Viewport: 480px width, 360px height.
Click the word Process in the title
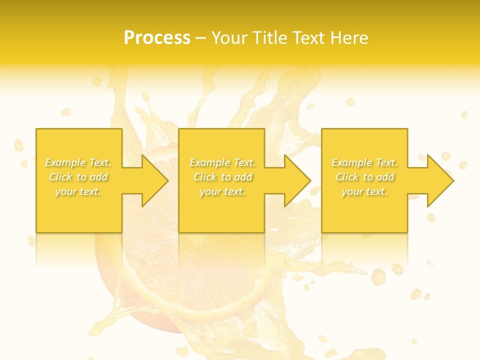(157, 38)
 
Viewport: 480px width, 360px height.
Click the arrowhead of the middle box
(297, 180)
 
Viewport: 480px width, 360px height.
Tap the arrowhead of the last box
(439, 180)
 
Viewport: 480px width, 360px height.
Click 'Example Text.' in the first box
(78, 162)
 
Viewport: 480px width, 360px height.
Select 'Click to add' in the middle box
(222, 177)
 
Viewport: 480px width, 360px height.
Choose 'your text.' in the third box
(364, 191)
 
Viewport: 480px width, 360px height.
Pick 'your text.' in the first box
(78, 191)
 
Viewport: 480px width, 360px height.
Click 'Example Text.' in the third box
(364, 162)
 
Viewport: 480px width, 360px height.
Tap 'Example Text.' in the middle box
(222, 162)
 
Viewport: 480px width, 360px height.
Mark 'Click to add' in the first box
(78, 177)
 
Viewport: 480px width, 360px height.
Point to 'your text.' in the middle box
(222, 191)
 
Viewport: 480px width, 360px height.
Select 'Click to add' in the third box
(364, 177)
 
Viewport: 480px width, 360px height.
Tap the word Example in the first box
(65, 162)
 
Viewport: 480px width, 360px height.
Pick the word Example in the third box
(351, 162)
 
